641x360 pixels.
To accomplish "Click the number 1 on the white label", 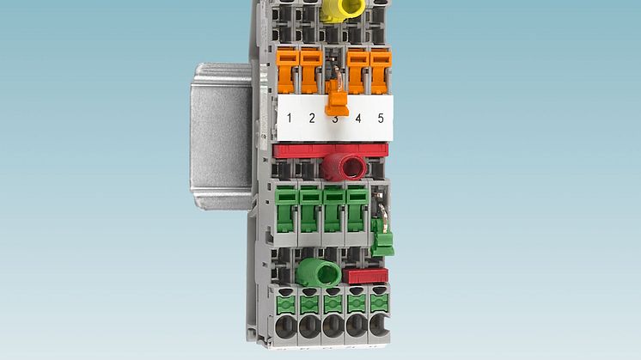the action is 289,118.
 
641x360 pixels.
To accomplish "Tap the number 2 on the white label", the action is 312,118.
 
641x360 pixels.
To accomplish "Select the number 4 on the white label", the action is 358,119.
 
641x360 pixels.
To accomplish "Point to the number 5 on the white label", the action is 381,118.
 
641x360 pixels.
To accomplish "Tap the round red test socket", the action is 345,167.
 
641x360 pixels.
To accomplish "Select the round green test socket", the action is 319,272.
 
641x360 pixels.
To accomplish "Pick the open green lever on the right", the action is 382,238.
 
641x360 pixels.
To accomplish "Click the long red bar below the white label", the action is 330,150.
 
